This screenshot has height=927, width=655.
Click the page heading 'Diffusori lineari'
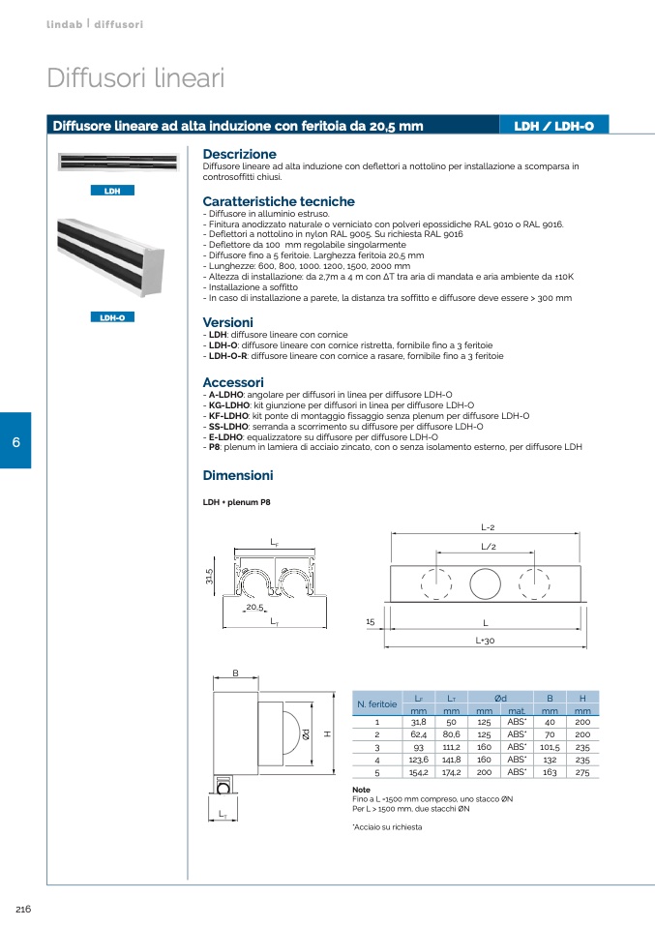pos(135,78)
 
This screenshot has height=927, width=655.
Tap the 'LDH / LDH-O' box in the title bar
pos(554,126)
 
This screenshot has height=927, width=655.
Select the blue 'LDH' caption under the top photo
pos(112,191)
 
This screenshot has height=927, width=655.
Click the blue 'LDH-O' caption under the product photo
pos(112,316)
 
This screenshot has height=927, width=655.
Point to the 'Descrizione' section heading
pos(239,154)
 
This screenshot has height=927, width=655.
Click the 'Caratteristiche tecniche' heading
pos(279,201)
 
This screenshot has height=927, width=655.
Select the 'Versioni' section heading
pos(227,322)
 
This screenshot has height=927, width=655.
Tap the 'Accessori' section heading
pos(233,382)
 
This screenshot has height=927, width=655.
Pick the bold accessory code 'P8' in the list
pos(215,447)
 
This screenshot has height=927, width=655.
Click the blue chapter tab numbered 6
pos(15,442)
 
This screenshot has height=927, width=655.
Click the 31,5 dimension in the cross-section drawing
pos(209,578)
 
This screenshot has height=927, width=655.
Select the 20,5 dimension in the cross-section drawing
pos(254,607)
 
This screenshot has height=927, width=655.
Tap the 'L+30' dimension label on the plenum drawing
pos(485,641)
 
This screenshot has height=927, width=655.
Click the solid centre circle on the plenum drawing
pos(484,584)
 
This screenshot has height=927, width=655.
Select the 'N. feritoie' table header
pos(377,703)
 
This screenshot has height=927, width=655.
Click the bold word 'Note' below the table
pos(362,790)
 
